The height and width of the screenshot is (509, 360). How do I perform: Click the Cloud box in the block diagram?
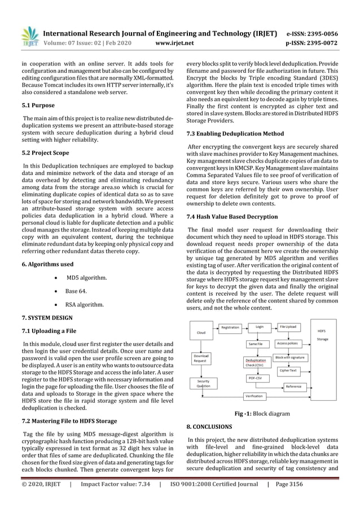[201, 332]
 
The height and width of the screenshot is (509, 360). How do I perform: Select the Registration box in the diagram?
[230, 327]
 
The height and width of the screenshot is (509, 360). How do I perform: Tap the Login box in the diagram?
[259, 326]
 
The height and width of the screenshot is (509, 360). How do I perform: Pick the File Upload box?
[288, 326]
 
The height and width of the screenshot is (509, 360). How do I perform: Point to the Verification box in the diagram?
[254, 396]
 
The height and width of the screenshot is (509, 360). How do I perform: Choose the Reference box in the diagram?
[293, 387]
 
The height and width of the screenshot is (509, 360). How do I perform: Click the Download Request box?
[201, 358]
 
